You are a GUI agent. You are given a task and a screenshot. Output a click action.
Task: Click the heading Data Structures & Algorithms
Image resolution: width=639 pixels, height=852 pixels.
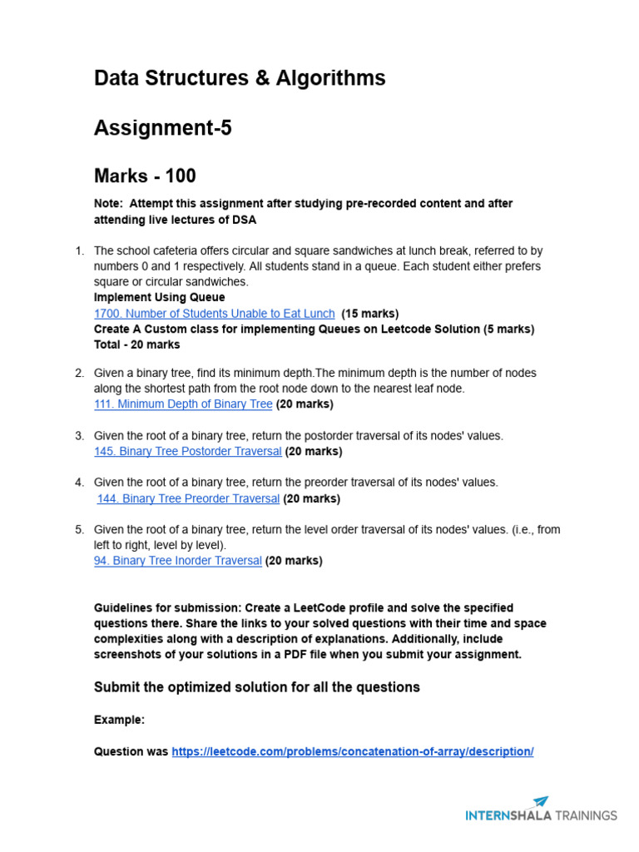pyautogui.click(x=240, y=78)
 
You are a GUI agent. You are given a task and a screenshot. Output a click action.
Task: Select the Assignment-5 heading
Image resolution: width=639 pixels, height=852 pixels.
pyautogui.click(x=162, y=128)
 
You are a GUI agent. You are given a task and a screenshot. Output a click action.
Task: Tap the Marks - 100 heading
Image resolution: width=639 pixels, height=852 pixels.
pyautogui.click(x=145, y=176)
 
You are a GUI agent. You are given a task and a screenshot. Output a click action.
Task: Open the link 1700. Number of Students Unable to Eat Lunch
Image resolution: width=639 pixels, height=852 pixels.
pyautogui.click(x=215, y=314)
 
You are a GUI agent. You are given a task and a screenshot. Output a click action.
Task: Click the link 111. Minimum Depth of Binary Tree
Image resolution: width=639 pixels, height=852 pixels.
pyautogui.click(x=183, y=404)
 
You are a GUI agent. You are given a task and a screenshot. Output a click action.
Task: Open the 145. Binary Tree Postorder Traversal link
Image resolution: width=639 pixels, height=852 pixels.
pyautogui.click(x=188, y=452)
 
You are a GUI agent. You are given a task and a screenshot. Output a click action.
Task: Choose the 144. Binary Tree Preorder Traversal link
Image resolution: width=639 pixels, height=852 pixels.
pyautogui.click(x=188, y=499)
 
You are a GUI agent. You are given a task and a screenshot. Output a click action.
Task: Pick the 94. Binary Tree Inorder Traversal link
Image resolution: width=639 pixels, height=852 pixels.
pyautogui.click(x=178, y=561)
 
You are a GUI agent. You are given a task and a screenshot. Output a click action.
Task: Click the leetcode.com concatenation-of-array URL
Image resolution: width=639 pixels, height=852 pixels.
pyautogui.click(x=352, y=751)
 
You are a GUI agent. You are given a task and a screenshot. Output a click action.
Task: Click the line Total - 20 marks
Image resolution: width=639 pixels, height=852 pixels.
pyautogui.click(x=136, y=344)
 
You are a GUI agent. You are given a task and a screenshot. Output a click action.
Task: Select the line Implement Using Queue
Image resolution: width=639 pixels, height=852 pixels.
pyautogui.click(x=159, y=297)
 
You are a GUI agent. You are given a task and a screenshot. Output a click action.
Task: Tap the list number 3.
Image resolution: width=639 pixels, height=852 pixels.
pyautogui.click(x=79, y=436)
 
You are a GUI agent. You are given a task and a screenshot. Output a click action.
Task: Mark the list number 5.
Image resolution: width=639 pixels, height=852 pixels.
pyautogui.click(x=79, y=529)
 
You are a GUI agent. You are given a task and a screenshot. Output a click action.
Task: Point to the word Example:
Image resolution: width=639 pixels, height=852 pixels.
pyautogui.click(x=119, y=720)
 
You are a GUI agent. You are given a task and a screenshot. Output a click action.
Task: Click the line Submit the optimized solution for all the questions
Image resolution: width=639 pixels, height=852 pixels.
pyautogui.click(x=256, y=687)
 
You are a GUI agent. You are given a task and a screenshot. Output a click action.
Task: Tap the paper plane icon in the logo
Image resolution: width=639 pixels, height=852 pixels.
pyautogui.click(x=540, y=802)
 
